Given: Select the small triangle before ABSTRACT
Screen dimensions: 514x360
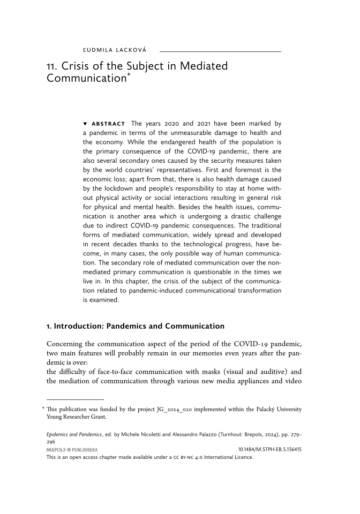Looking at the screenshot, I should point(85,124).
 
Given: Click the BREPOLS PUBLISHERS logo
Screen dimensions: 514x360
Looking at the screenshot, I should point(72,450).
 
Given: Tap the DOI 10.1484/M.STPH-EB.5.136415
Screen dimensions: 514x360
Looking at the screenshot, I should point(269,450).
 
